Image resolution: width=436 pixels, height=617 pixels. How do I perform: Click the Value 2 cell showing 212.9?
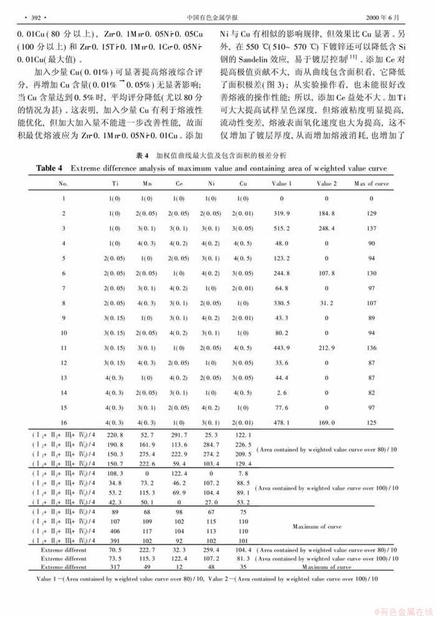(x=326, y=348)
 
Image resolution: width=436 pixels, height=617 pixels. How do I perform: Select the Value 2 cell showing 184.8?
(x=326, y=213)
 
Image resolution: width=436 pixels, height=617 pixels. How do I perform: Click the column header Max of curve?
(x=371, y=183)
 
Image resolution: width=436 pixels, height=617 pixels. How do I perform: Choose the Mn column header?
(x=146, y=183)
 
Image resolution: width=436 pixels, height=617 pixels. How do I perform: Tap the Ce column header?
(x=178, y=183)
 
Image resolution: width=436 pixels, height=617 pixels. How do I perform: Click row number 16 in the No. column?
(x=63, y=422)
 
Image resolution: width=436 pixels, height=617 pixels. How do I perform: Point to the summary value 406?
(x=115, y=531)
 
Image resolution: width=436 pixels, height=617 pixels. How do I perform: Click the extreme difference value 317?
(x=115, y=567)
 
